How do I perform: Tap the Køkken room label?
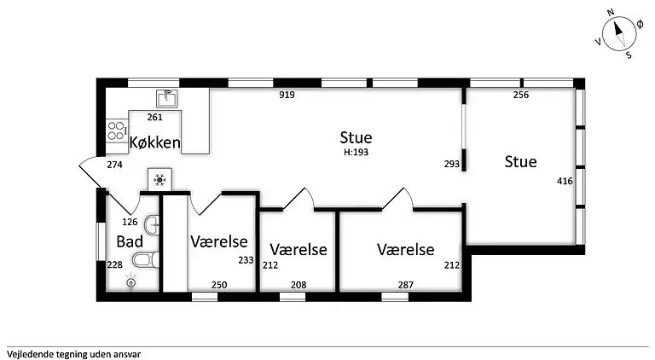154,142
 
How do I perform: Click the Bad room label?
130,241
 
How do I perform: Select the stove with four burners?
114,131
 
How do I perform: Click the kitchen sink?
166,98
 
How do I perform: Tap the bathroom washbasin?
150,225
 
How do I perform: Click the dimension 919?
287,95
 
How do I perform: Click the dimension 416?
565,181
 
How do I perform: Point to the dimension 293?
452,163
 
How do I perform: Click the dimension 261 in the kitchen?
155,117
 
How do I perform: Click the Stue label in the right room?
520,161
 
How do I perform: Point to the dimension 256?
521,95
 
